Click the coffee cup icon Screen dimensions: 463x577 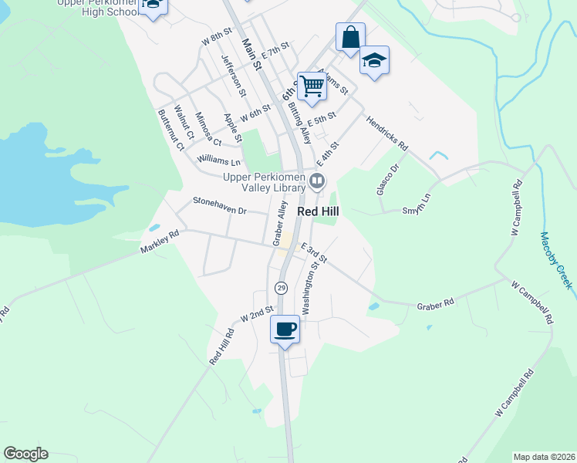tap(285, 330)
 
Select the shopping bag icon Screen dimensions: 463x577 tap(350, 37)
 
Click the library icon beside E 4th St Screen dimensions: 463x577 tap(317, 182)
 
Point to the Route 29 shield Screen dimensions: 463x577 tap(280, 288)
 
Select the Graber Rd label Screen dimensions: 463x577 tap(436, 305)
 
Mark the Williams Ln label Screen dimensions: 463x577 tap(219, 161)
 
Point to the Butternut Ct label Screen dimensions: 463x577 tap(171, 130)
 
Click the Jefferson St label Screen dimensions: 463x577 tap(233, 75)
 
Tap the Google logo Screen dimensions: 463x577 tap(26, 453)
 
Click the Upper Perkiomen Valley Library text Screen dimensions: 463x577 tap(265, 182)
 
